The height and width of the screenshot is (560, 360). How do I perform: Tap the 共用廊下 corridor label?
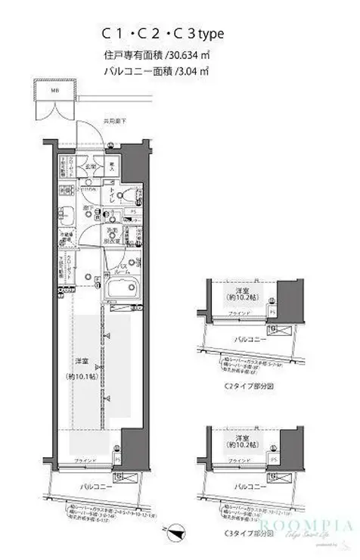(115, 121)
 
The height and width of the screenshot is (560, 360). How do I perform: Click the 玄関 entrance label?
(88, 166)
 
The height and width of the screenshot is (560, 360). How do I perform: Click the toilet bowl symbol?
(138, 198)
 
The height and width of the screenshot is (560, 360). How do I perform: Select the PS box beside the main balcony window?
(117, 459)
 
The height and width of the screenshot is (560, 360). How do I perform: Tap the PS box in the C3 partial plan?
(271, 459)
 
